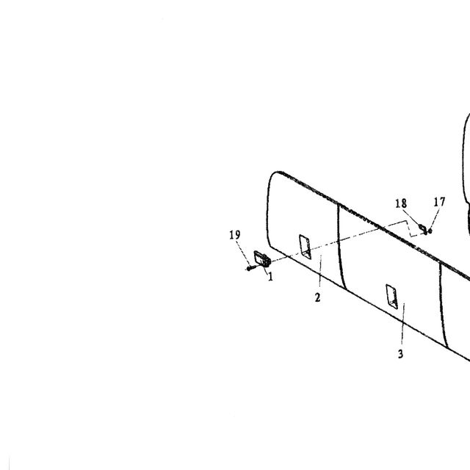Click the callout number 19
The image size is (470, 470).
click(x=235, y=234)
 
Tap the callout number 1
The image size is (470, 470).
click(x=270, y=276)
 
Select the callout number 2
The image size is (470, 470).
click(x=318, y=297)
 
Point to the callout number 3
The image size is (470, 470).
click(x=400, y=354)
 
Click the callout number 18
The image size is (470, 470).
click(x=401, y=203)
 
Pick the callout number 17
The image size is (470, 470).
click(x=439, y=202)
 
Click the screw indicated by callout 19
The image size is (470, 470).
click(x=250, y=267)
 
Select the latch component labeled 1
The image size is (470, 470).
click(x=262, y=258)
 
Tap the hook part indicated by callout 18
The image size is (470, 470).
click(x=423, y=228)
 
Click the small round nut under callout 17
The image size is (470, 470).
click(x=430, y=231)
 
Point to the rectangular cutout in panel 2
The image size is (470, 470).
click(x=305, y=247)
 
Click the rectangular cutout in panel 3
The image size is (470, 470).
click(x=391, y=297)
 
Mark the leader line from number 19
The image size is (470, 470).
click(x=243, y=253)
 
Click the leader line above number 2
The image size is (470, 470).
click(x=320, y=271)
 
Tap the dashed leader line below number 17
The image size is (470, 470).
click(x=435, y=219)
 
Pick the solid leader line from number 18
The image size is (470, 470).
click(x=411, y=217)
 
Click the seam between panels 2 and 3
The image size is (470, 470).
click(x=341, y=247)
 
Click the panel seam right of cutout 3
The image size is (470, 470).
click(x=443, y=305)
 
